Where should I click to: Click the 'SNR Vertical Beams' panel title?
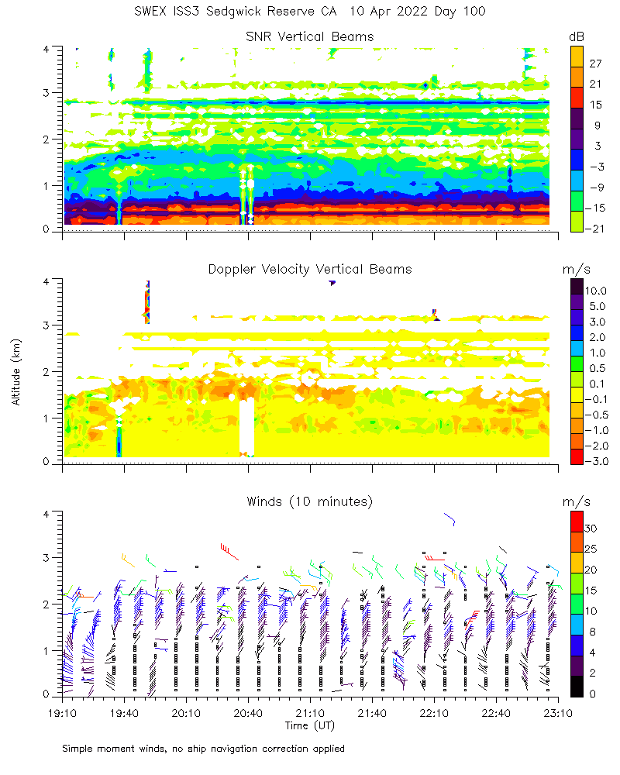[309, 36]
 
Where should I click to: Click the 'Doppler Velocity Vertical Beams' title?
[309, 269]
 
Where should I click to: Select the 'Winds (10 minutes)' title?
[309, 501]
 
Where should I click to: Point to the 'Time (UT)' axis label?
[309, 725]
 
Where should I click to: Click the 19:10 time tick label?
[62, 712]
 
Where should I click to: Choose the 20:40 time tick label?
[248, 712]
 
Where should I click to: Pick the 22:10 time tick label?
[434, 712]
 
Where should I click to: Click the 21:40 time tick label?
[372, 712]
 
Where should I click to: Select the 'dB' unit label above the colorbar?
[577, 36]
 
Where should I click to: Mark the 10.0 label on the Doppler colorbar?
[596, 291]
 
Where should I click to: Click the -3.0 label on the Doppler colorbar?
[596, 461]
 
